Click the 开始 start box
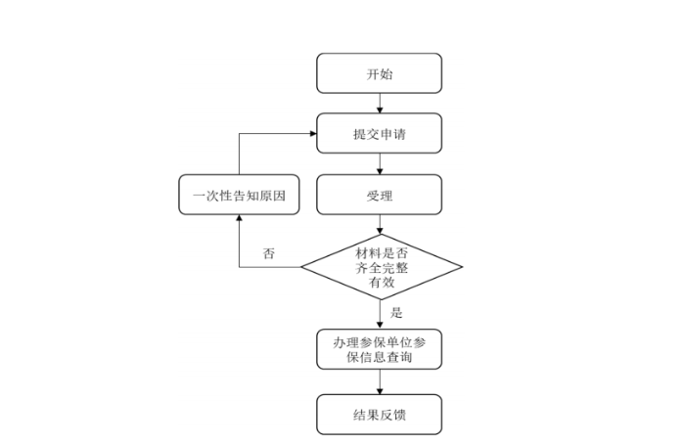pyautogui.click(x=379, y=73)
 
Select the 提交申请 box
pyautogui.click(x=379, y=134)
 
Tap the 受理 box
pyautogui.click(x=379, y=195)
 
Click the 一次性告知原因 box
pyautogui.click(x=239, y=195)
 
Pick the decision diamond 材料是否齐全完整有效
pyautogui.click(x=381, y=267)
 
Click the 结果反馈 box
pyautogui.click(x=379, y=415)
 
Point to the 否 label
pyautogui.click(x=269, y=253)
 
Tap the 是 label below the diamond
pyautogui.click(x=396, y=313)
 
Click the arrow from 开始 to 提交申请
pyautogui.click(x=380, y=103)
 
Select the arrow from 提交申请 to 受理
pyautogui.click(x=380, y=164)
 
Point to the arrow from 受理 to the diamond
pyautogui.click(x=380, y=225)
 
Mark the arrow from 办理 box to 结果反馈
pyautogui.click(x=380, y=383)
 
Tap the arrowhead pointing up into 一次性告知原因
pyautogui.click(x=239, y=220)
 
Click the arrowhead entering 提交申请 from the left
pyautogui.click(x=311, y=134)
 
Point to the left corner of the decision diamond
pyautogui.click(x=301, y=267)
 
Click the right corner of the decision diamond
pyautogui.click(x=461, y=267)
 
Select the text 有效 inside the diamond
pyautogui.click(x=381, y=283)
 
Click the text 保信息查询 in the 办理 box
pyautogui.click(x=379, y=359)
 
